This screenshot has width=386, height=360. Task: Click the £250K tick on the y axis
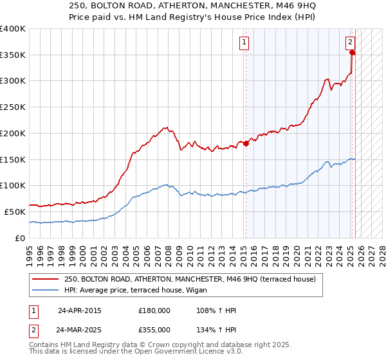tap(13, 107)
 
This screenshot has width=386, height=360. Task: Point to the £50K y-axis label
tap(15, 212)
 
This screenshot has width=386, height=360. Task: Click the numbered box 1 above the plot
tap(244, 43)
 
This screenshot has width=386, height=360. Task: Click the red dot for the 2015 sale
tap(245, 144)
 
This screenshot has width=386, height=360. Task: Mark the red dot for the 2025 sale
tap(352, 53)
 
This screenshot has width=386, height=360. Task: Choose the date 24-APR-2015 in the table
tap(79, 310)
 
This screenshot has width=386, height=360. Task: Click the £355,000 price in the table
tap(154, 329)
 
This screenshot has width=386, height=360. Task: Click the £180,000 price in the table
tap(154, 310)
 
